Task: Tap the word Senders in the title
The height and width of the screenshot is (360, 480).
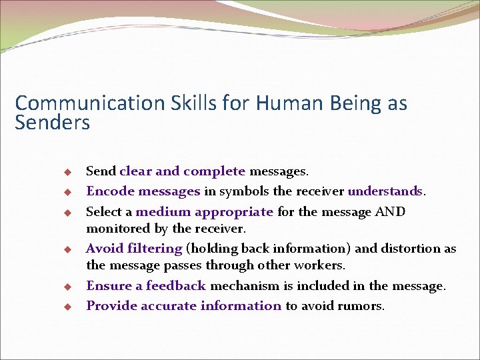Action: (x=52, y=123)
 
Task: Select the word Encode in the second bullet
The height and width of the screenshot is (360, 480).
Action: (x=110, y=192)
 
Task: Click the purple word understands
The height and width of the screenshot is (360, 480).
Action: (x=385, y=192)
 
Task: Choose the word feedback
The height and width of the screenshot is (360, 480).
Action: (x=176, y=286)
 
